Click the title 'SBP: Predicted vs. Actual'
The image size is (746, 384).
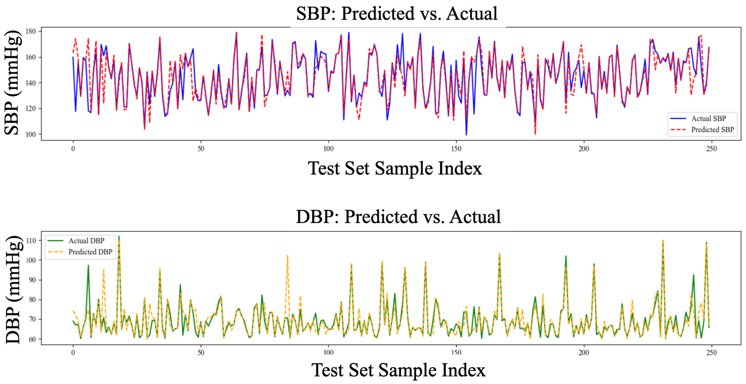tap(397, 14)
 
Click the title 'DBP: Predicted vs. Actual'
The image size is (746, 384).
tap(398, 217)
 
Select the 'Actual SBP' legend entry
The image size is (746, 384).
tap(708, 119)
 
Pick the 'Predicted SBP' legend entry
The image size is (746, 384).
tap(712, 130)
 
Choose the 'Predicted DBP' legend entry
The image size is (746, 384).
tap(90, 252)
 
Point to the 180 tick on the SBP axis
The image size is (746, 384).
tap(31, 31)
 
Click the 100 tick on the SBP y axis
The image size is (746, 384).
tap(31, 134)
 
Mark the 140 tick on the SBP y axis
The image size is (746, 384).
tap(31, 83)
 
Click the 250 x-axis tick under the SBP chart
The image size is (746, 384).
tap(711, 149)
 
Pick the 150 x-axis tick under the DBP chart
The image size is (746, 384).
tap(456, 353)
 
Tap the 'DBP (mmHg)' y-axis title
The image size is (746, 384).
tap(13, 289)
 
